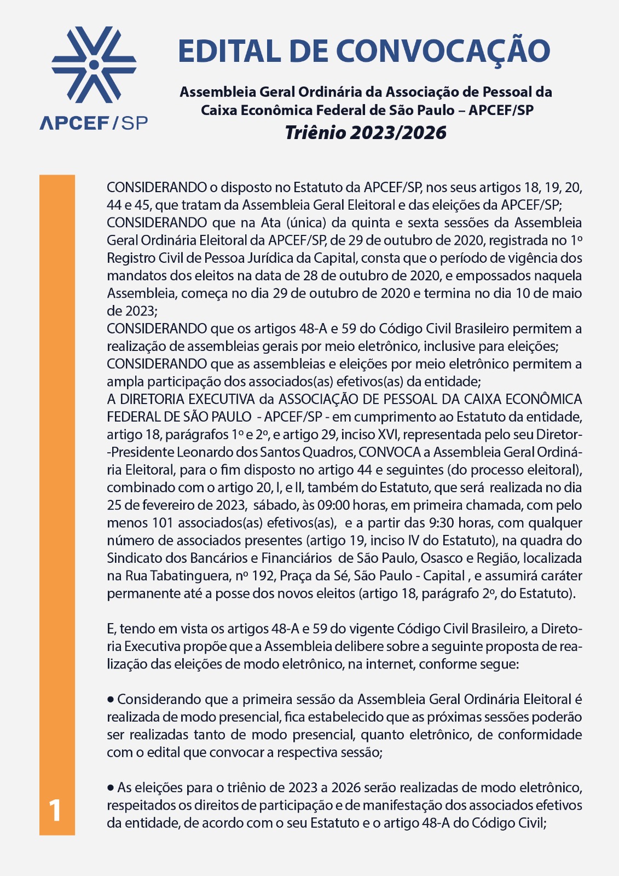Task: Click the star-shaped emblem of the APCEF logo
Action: [x=94, y=65]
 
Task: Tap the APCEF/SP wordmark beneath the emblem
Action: [x=94, y=123]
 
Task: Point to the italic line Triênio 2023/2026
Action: [x=366, y=133]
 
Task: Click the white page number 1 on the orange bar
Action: [x=55, y=811]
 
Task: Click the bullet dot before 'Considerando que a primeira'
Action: [x=111, y=699]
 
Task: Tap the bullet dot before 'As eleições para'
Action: [x=111, y=787]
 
